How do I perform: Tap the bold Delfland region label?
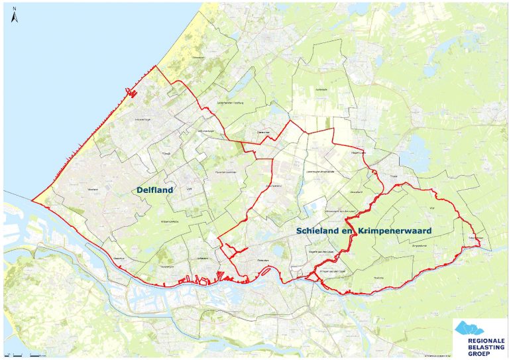pyautogui.click(x=154, y=190)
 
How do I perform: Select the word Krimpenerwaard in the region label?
pyautogui.click(x=395, y=231)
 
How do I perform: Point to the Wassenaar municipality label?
pyautogui.click(x=198, y=58)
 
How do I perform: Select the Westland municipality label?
pyautogui.click(x=92, y=189)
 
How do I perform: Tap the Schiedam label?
pyautogui.click(x=203, y=259)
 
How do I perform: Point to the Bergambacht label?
pyautogui.click(x=420, y=246)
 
